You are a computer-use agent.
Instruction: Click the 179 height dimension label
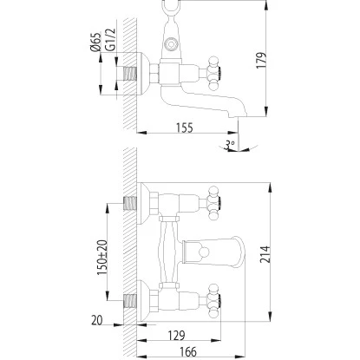click(261, 61)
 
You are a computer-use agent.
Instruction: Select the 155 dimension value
click(185, 128)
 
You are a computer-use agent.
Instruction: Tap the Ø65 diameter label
click(95, 42)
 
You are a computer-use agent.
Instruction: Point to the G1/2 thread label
click(110, 40)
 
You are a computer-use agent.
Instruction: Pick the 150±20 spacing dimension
click(102, 258)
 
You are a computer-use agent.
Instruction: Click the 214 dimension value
click(265, 254)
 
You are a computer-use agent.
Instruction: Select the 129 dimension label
click(176, 336)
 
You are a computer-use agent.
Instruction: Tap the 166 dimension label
click(188, 352)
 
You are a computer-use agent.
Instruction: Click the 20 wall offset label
click(97, 320)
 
